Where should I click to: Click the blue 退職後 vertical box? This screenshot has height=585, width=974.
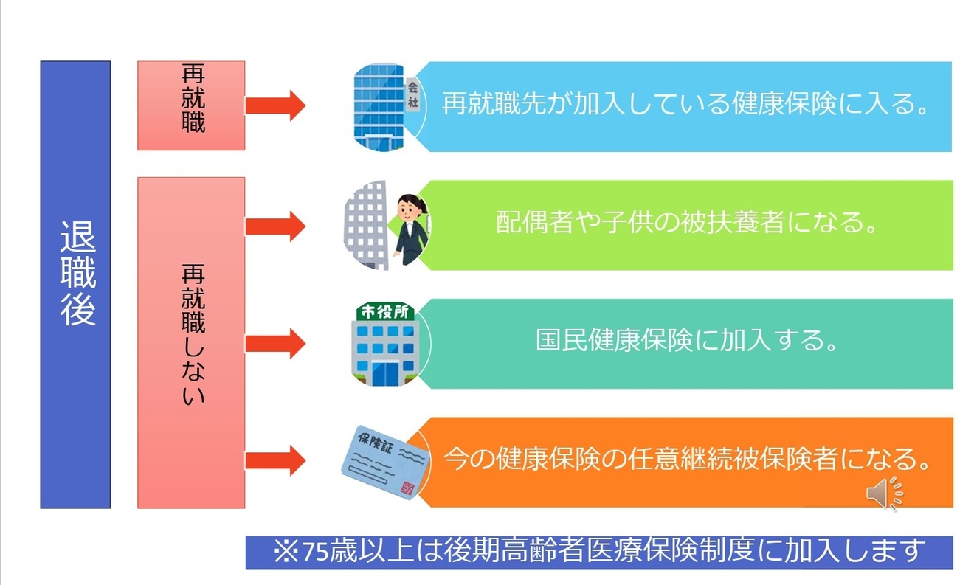coord(75,285)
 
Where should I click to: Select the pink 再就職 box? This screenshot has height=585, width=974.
coord(191,105)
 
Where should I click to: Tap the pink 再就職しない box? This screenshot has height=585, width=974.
coord(191,342)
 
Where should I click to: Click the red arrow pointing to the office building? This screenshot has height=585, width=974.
coord(274,105)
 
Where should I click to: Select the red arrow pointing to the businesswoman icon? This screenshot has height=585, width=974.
coord(274,225)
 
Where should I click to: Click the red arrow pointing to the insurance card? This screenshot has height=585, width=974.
coord(274,462)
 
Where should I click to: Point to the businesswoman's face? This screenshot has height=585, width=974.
coord(408,208)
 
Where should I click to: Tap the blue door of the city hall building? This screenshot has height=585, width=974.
coord(384,373)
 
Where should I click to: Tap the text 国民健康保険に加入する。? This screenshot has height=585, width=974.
coord(687,342)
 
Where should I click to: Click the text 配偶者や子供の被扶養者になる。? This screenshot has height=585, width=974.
coord(686,224)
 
